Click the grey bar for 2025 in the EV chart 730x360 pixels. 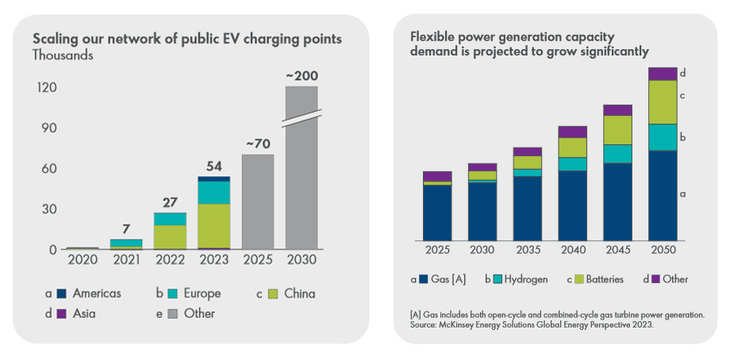258,201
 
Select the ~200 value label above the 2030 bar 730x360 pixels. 302,76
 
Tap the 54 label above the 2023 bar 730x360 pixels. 213,166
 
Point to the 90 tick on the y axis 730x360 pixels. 47,128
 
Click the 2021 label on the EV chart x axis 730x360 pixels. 126,260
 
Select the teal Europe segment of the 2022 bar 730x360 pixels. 170,219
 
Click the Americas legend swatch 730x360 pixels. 60,293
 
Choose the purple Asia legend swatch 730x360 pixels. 60,313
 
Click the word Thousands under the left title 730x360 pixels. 63,56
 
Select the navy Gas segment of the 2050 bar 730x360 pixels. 663,195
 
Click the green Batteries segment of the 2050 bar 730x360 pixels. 663,102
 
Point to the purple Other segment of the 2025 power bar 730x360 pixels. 437,176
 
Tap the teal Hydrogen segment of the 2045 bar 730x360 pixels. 617,154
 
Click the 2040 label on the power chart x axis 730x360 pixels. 573,251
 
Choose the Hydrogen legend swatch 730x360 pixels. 498,279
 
